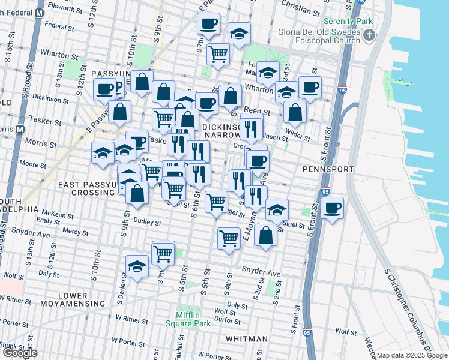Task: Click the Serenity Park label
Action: tap(348, 21)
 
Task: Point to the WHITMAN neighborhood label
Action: tap(247, 339)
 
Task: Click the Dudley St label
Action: tap(148, 223)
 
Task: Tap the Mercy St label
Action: tap(75, 231)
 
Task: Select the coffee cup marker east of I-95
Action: tap(332, 208)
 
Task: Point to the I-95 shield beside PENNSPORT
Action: tap(325, 193)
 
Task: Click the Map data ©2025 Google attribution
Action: tap(412, 355)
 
